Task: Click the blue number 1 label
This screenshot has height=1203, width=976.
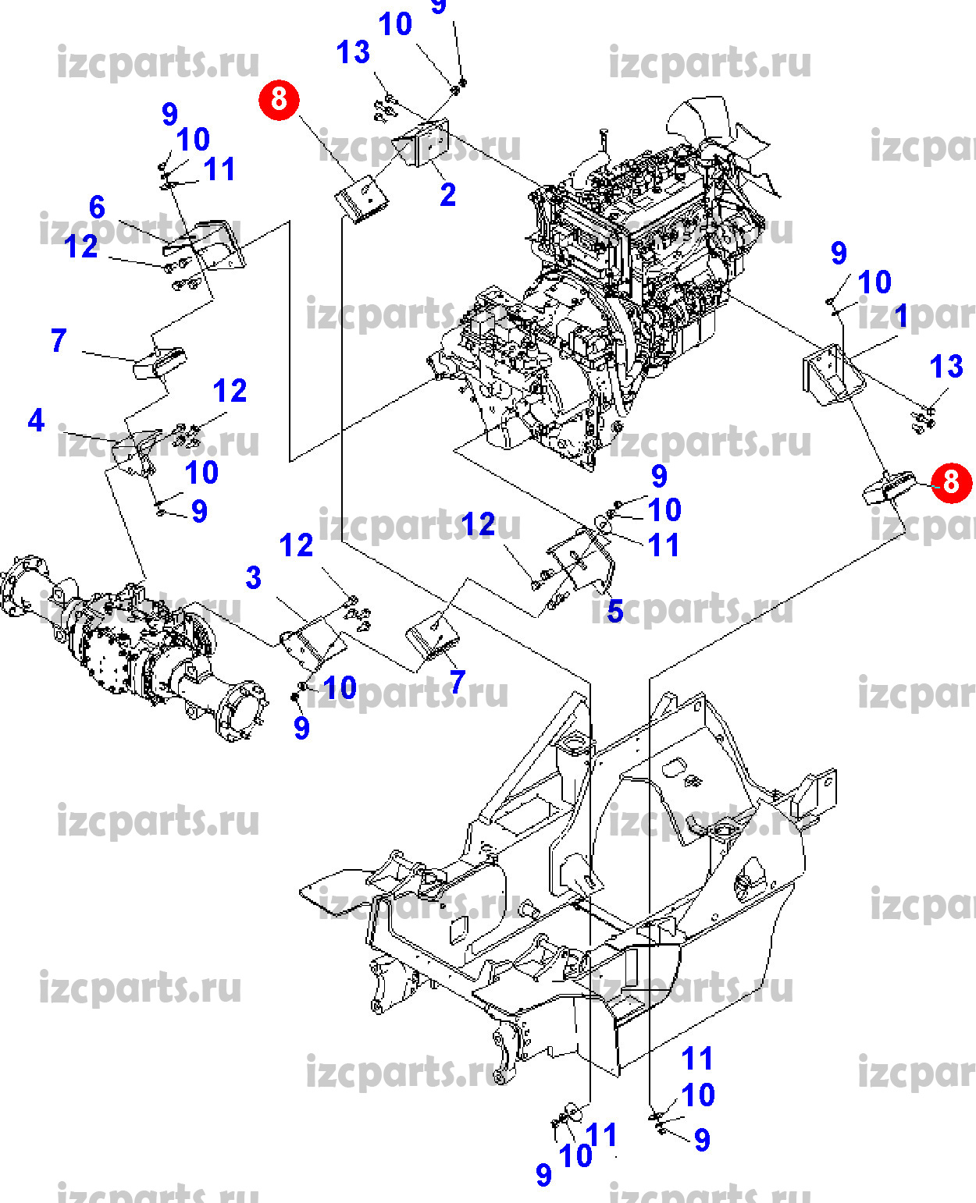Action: point(902,317)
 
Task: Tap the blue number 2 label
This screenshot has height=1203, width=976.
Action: point(447,195)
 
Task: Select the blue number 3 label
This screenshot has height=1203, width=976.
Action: point(253,578)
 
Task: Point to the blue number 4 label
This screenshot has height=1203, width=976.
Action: point(36,421)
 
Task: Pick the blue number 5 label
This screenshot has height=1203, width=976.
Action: point(615,612)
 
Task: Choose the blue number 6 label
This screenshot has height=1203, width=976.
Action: point(97,208)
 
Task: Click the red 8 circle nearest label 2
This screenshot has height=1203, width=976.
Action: point(279,99)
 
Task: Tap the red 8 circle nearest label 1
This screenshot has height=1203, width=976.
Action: point(950,481)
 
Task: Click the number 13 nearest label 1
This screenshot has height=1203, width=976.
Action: point(946,366)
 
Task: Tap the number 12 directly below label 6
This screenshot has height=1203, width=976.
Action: point(81,247)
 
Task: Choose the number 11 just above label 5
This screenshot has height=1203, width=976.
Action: point(664,545)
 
